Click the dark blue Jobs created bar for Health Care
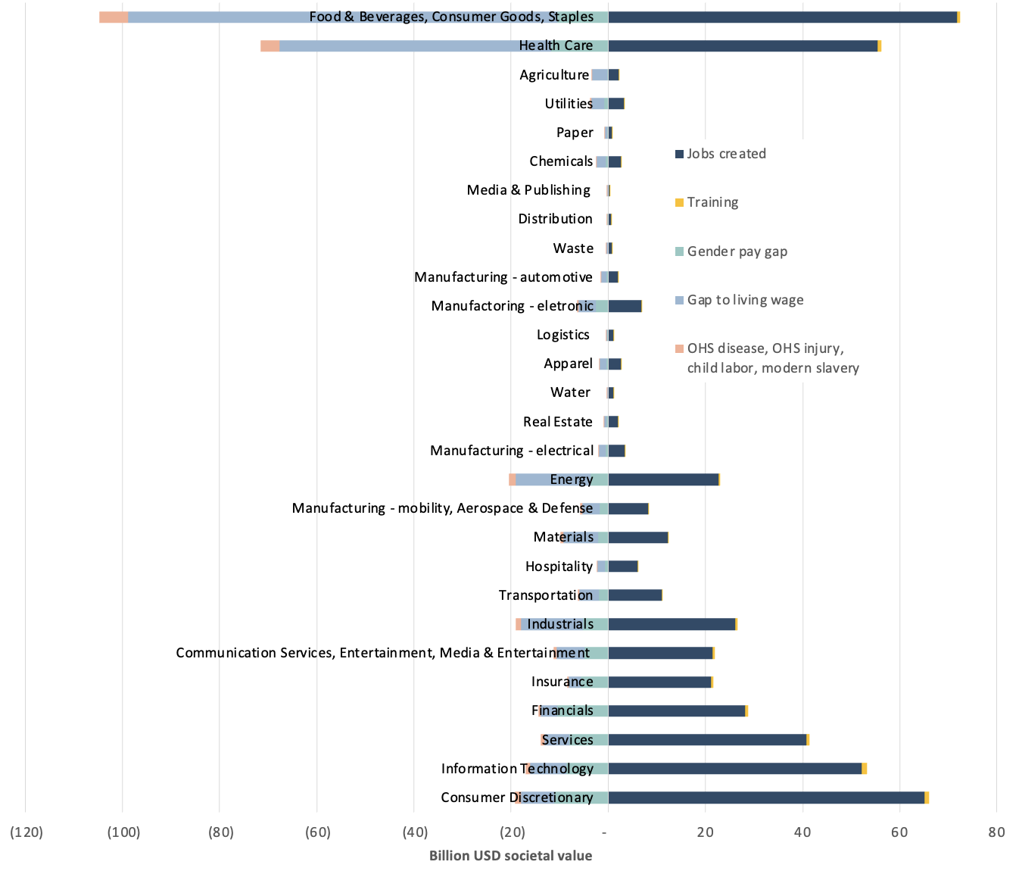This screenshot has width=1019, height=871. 742,46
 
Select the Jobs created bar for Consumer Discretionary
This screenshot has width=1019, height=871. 766,798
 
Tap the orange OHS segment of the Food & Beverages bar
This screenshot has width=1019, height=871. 114,17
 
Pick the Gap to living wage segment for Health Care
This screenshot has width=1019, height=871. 394,46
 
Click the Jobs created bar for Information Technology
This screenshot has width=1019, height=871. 734,769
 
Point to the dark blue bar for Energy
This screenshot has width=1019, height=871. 663,479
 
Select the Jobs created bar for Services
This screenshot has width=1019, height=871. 707,740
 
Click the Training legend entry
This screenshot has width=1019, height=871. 712,202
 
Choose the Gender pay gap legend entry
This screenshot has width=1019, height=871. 736,251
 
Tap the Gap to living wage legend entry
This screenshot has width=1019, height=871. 744,300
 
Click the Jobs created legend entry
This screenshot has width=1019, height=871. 725,154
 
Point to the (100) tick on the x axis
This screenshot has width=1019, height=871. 123,832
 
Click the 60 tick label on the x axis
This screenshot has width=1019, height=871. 899,832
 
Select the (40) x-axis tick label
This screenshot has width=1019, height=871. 414,832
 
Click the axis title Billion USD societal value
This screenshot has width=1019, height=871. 510,856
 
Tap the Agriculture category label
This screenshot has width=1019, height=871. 554,75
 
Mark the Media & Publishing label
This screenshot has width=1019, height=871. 528,190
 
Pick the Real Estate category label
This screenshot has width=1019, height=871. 557,422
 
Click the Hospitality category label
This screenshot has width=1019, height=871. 559,567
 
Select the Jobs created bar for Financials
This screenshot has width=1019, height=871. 676,711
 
